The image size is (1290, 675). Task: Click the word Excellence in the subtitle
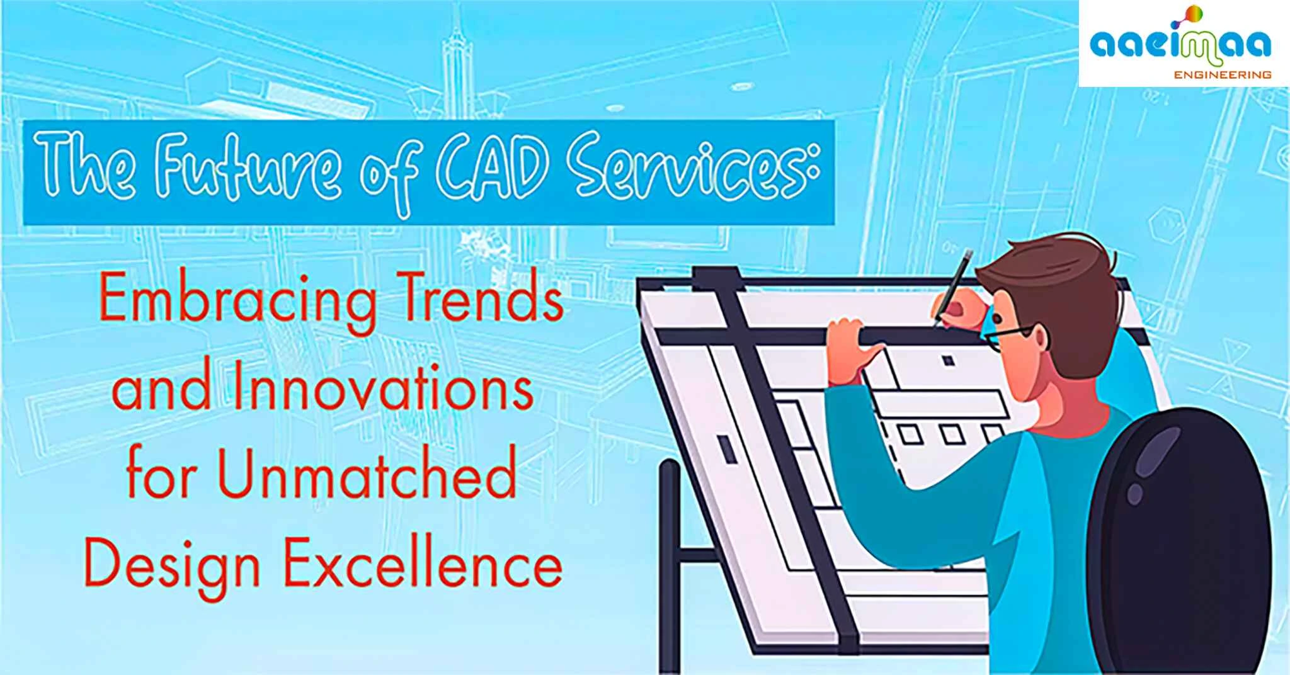422,564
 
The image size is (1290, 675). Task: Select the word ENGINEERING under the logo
1222,75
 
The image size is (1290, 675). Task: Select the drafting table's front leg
669,567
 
